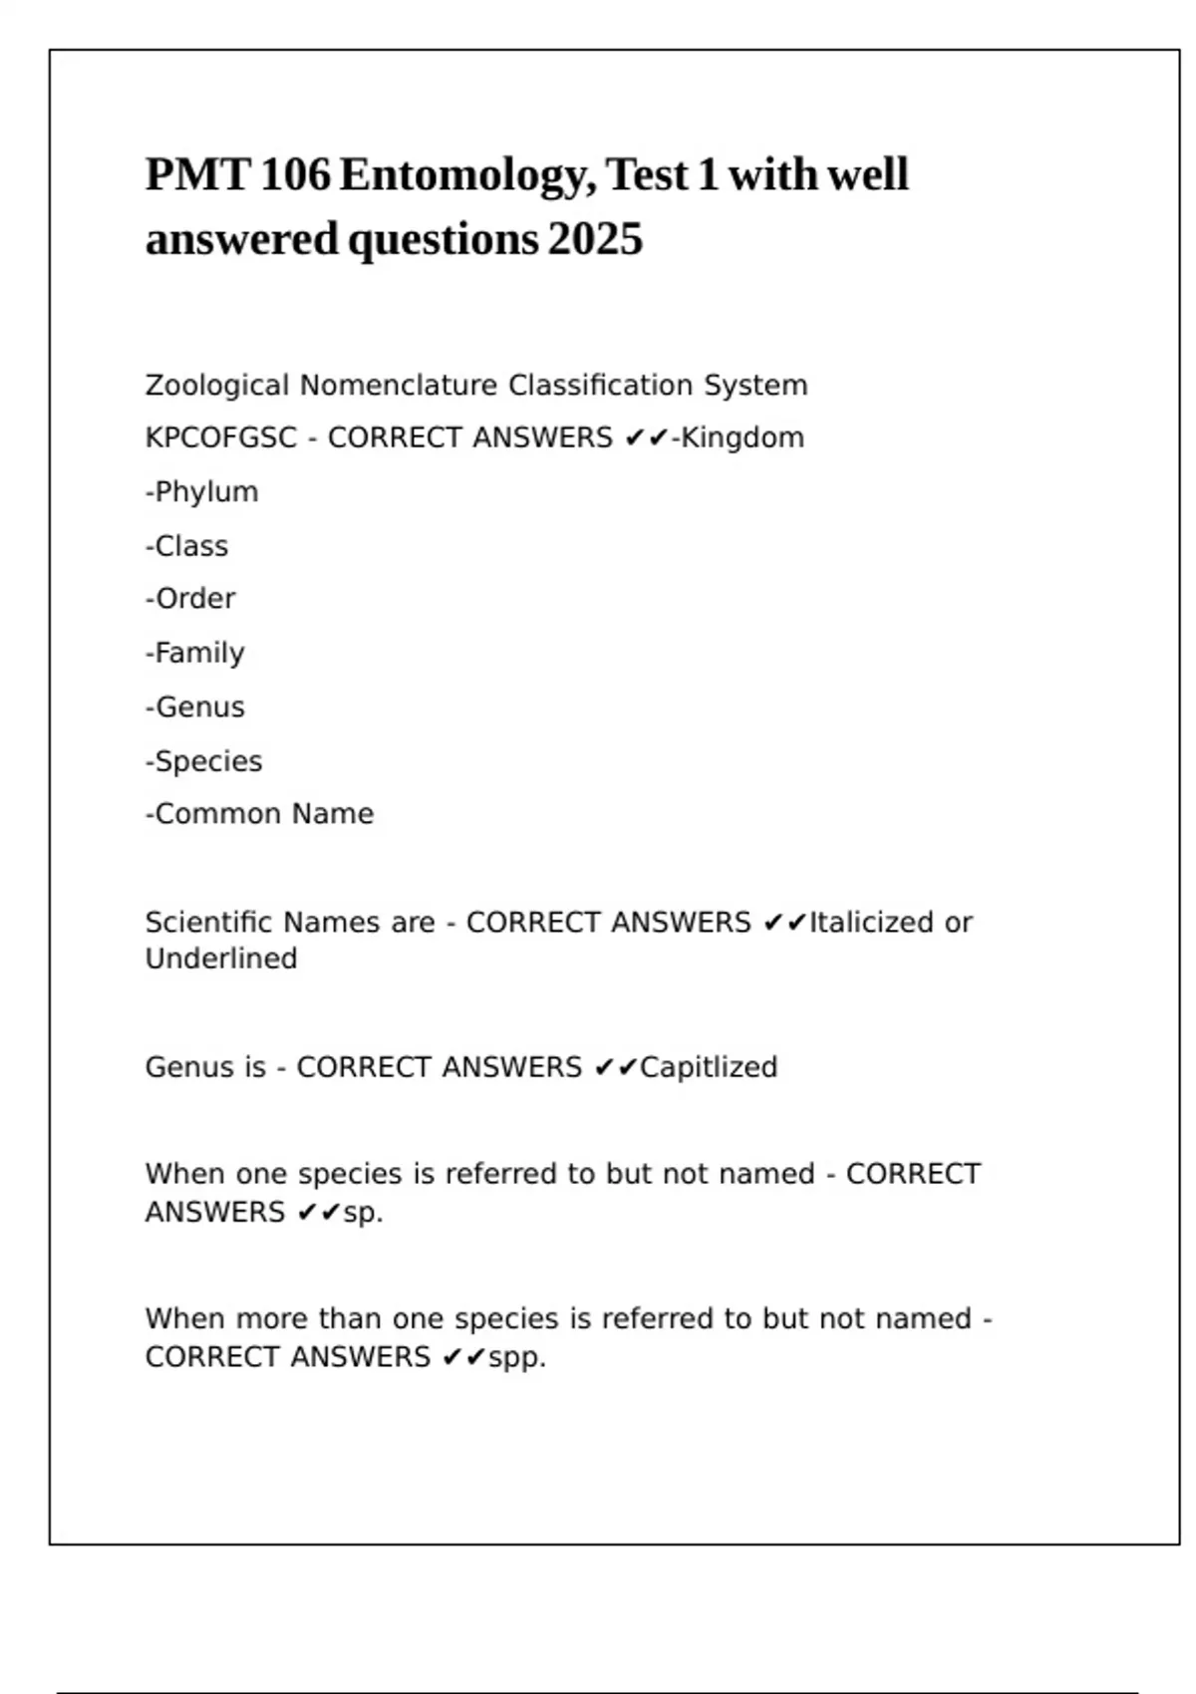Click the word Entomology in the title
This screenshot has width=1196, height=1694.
[466, 175]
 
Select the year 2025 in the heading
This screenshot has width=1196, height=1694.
[595, 240]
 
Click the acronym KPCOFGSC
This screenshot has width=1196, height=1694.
[220, 438]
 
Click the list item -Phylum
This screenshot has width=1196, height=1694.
[202, 492]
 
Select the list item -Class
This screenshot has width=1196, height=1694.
[187, 546]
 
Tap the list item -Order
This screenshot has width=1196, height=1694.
[190, 599]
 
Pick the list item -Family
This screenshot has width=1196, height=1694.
[195, 653]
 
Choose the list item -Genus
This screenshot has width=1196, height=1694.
[195, 707]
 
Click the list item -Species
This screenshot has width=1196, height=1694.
[204, 761]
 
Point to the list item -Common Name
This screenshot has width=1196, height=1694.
[260, 814]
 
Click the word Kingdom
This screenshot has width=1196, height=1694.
[743, 438]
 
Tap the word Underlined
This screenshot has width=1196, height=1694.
[221, 959]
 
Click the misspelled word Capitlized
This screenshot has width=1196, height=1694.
[709, 1067]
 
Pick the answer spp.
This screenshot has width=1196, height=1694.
[516, 1357]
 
